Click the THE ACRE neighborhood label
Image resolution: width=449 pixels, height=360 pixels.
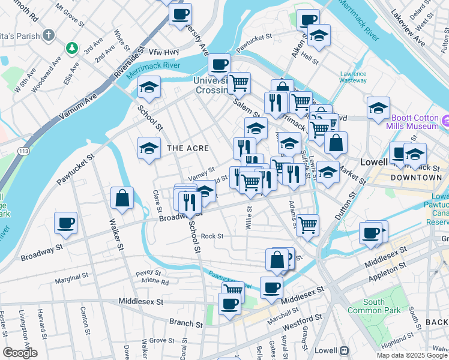(188, 148)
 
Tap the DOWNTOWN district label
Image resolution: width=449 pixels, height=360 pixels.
(416, 178)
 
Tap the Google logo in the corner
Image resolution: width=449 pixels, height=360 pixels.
(19, 353)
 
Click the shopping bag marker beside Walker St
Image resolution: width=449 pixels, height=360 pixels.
(122, 199)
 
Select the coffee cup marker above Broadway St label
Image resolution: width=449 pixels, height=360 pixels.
(65, 223)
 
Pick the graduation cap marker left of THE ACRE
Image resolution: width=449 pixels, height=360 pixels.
(149, 149)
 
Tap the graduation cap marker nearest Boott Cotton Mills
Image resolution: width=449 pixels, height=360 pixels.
(378, 109)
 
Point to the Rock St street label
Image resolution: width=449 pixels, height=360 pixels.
(212, 236)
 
